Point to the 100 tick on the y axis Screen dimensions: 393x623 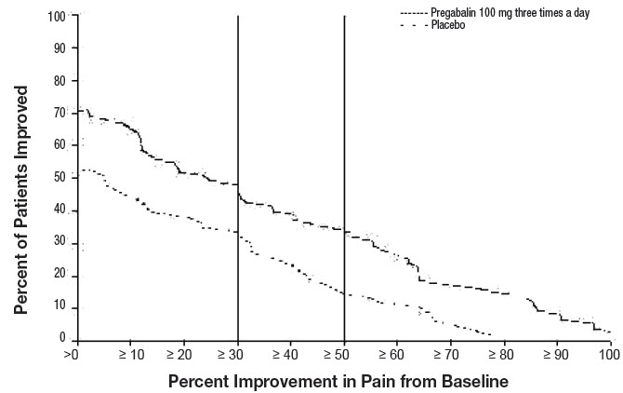(x=58, y=17)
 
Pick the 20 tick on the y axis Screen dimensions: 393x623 (x=60, y=275)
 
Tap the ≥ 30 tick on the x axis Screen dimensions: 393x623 (x=236, y=356)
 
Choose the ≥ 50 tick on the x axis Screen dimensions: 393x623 (x=344, y=356)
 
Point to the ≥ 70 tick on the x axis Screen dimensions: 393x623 (x=451, y=356)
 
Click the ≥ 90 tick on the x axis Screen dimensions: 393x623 (x=558, y=356)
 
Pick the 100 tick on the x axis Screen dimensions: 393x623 (x=609, y=356)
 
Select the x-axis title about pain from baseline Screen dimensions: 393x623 (x=338, y=381)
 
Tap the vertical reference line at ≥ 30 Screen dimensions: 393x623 (x=238, y=112)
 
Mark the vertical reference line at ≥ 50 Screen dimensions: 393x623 (x=345, y=112)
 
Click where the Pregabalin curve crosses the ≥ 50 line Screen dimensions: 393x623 (x=345, y=231)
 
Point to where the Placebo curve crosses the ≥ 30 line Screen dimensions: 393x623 (x=238, y=234)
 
